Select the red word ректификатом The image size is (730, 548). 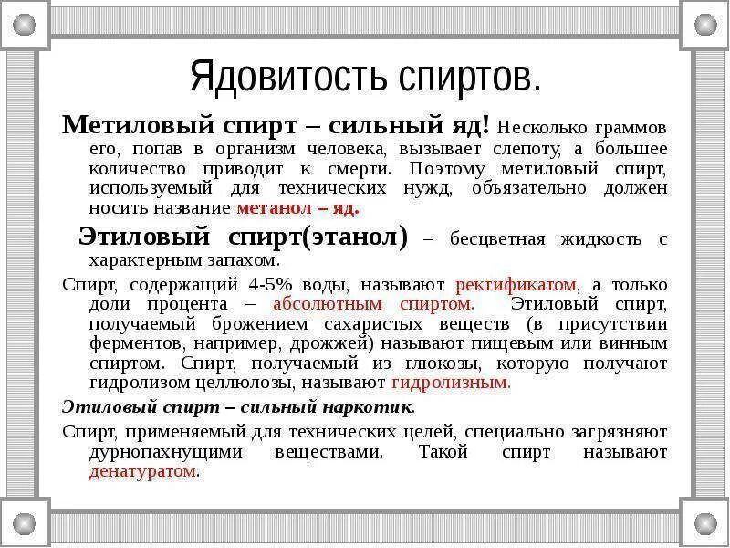pos(516,283)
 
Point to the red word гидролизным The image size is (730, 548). pos(464,383)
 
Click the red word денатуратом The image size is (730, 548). pos(143,472)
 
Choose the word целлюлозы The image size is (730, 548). pos(224,383)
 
